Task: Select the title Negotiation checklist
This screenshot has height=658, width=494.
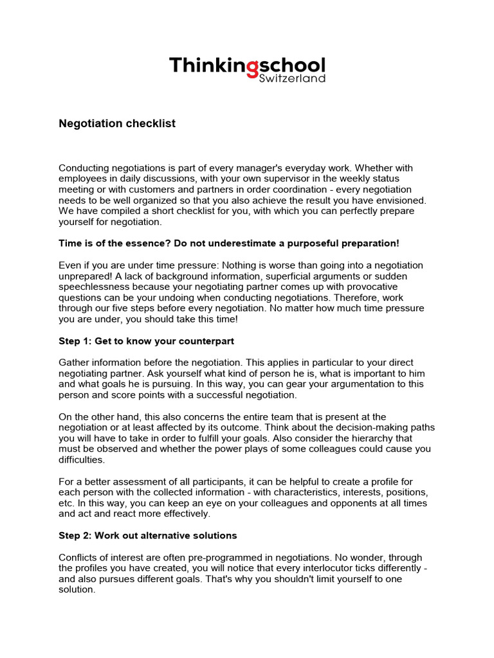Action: [x=117, y=123]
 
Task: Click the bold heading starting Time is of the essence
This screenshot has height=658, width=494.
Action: [x=229, y=244]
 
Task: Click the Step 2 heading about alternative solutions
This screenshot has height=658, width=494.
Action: [x=148, y=535]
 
